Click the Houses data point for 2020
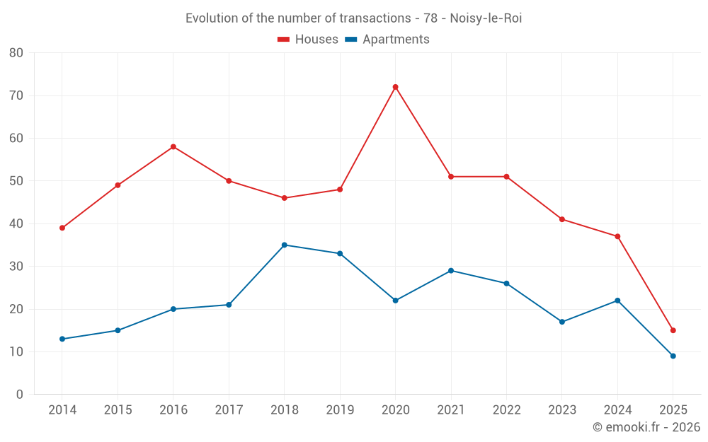point(395,87)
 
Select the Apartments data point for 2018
point(284,245)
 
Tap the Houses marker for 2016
point(173,146)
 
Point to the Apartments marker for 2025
point(673,356)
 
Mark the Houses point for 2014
point(62,228)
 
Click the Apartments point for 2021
point(451,270)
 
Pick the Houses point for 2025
point(673,330)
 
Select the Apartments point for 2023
point(562,322)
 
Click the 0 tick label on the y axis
point(20,395)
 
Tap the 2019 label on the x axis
point(340,410)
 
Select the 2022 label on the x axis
point(506,410)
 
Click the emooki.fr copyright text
point(646,427)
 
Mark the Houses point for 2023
point(562,219)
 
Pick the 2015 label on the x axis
point(118,410)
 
